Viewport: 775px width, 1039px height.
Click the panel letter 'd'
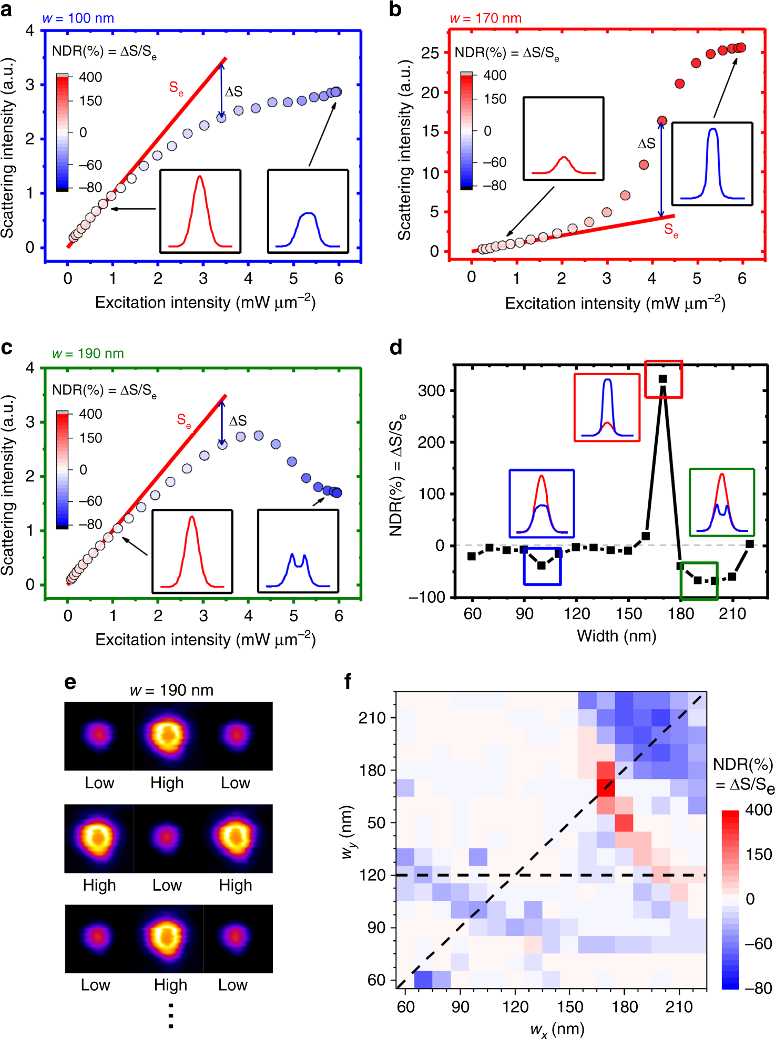(x=396, y=347)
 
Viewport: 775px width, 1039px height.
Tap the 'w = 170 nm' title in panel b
(x=485, y=18)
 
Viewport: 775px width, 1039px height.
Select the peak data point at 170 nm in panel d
(x=662, y=378)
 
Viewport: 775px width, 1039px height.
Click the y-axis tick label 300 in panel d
(x=431, y=390)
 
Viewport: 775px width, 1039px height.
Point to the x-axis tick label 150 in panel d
(x=628, y=613)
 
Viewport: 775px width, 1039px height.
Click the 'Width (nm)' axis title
(x=616, y=636)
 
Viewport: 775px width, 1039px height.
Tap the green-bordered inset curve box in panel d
(x=721, y=502)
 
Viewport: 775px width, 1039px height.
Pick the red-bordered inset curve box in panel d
(x=607, y=407)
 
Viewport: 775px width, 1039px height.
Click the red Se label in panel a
(x=176, y=88)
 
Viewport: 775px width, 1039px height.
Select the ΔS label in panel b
(x=646, y=143)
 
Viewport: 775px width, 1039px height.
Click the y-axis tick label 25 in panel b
(x=430, y=53)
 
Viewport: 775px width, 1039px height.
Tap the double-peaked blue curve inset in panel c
(x=298, y=551)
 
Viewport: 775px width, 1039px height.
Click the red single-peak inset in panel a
(x=200, y=211)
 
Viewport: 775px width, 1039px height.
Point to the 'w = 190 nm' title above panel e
(x=171, y=690)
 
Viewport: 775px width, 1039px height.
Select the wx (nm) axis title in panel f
(x=557, y=1028)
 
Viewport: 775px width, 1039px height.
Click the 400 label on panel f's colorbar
(x=758, y=810)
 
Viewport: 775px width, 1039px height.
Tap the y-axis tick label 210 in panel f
(x=372, y=718)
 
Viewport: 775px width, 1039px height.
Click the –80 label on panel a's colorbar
(x=90, y=187)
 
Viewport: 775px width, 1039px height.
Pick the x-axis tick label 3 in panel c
(x=203, y=615)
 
